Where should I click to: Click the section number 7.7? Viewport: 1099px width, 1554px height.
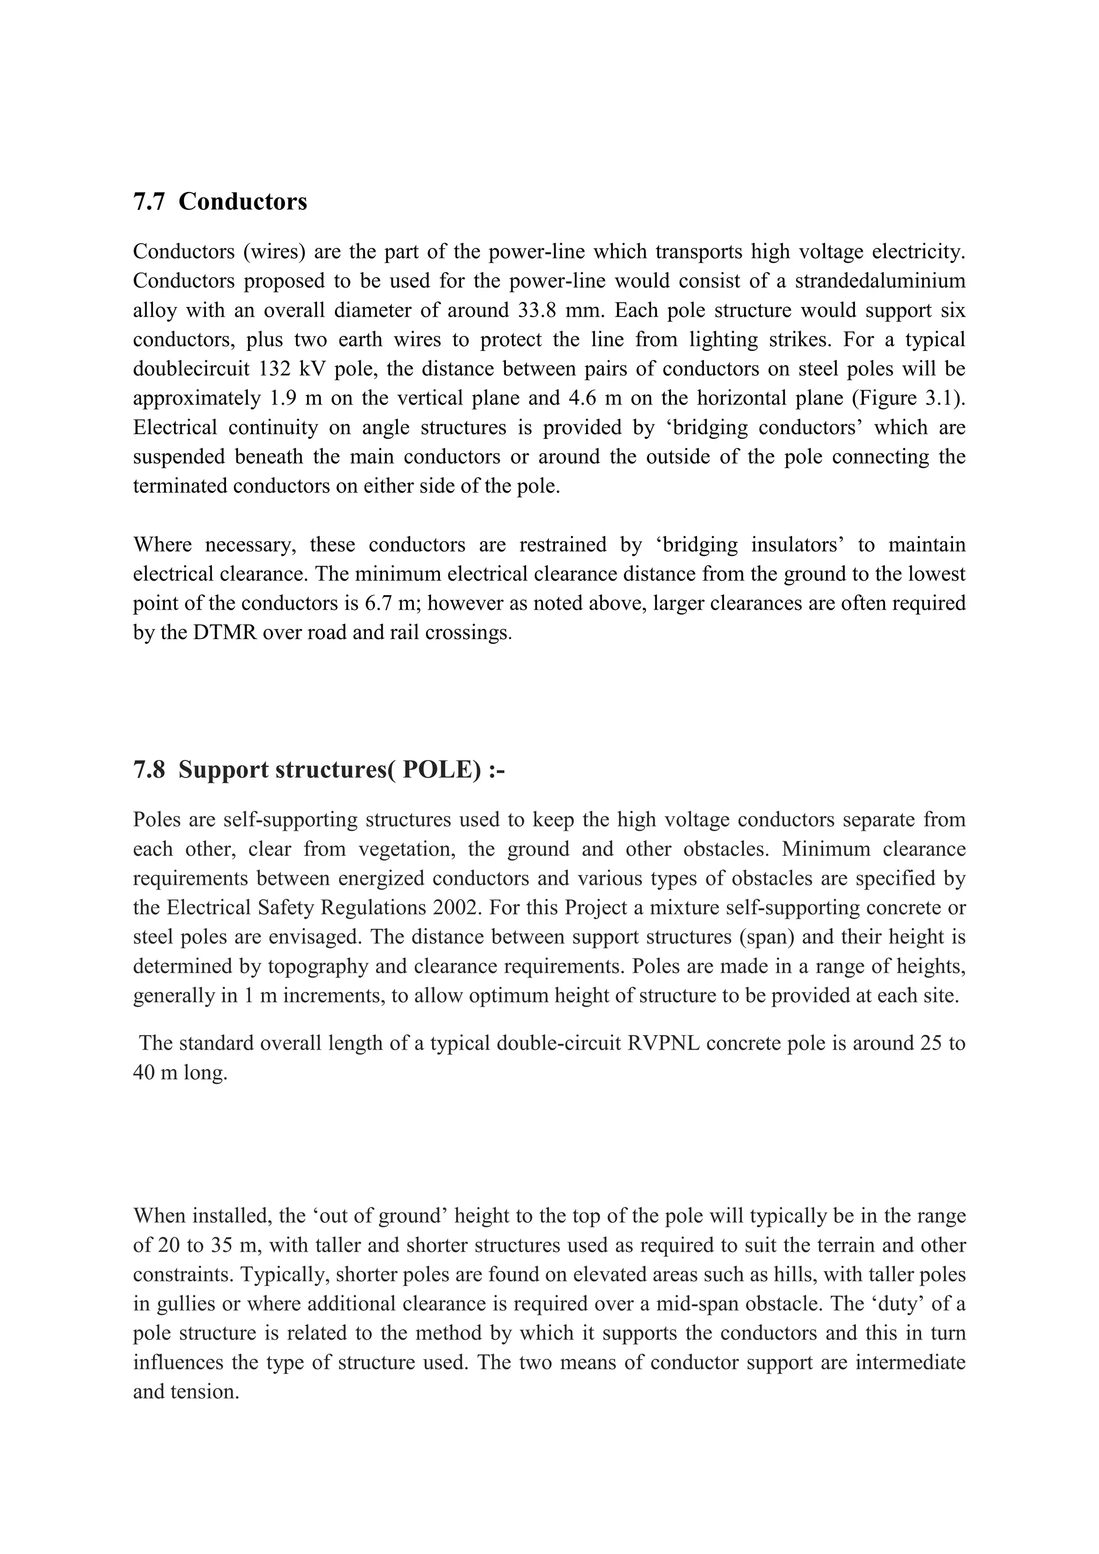click(149, 202)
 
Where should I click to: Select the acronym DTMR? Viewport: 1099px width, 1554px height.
click(221, 632)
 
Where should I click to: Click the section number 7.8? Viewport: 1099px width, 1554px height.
click(149, 770)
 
